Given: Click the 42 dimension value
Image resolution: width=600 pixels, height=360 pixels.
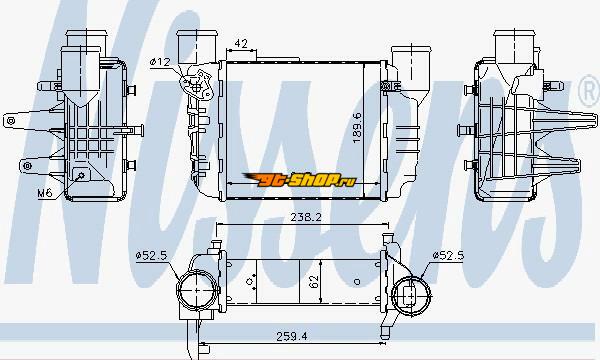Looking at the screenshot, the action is coord(241,44).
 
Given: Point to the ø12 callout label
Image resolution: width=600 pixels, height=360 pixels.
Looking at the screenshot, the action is coord(160,62).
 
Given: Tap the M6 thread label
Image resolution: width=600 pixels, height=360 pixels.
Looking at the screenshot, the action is coord(45,192).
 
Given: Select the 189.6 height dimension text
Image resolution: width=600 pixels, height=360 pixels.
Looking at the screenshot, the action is coord(357,128).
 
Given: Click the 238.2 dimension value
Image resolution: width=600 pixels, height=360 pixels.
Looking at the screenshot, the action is coord(306,217).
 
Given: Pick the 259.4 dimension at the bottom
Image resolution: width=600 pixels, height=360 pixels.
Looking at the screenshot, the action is coord(292,336).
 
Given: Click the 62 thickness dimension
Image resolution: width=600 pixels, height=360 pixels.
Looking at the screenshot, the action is coord(314,282).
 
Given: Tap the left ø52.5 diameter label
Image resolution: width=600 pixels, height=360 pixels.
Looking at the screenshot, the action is coord(152,255).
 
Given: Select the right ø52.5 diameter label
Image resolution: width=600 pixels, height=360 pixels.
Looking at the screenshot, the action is coord(448,255).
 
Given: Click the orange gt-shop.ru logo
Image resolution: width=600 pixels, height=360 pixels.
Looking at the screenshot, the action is coord(299,179).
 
